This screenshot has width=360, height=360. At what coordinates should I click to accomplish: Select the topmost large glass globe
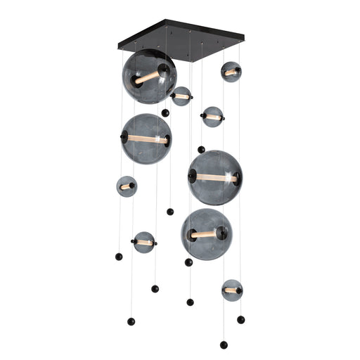pyautogui.click(x=149, y=76)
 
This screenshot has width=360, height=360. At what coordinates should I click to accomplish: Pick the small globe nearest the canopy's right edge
pyautogui.click(x=231, y=72)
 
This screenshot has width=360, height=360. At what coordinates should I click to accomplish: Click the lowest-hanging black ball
pyautogui.click(x=224, y=345)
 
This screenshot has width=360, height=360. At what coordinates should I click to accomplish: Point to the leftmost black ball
pyautogui.click(x=119, y=257)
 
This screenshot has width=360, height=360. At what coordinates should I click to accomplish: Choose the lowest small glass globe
pyautogui.click(x=231, y=290)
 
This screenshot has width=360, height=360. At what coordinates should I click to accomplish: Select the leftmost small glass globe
pyautogui.click(x=127, y=186)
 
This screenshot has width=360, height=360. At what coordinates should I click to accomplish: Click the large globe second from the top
pyautogui.click(x=146, y=139)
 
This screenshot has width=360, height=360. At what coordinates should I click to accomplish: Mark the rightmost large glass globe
pyautogui.click(x=215, y=177)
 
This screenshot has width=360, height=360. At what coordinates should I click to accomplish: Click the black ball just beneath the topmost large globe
pyautogui.click(x=165, y=112)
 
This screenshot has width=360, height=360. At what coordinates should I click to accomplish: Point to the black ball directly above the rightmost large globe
pyautogui.click(x=201, y=149)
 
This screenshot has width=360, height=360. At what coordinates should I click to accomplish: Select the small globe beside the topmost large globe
pyautogui.click(x=181, y=96)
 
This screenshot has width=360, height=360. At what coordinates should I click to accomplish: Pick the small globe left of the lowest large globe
pyautogui.click(x=144, y=243)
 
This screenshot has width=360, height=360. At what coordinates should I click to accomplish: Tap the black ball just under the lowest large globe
pyautogui.click(x=188, y=262)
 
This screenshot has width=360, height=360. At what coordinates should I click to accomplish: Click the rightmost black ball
pyautogui.click(x=240, y=319)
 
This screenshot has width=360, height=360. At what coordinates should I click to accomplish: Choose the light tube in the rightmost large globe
pyautogui.click(x=215, y=178)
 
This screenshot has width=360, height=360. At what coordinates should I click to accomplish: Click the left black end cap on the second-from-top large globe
pyautogui.click(x=124, y=139)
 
